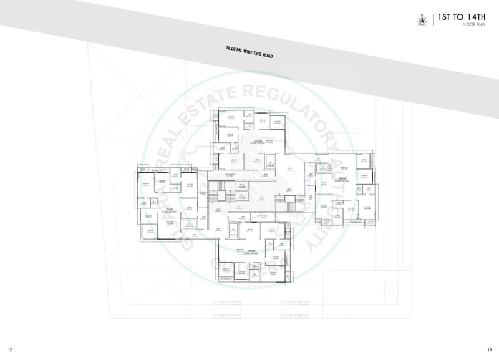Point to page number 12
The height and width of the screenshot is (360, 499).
pos(10,349)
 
